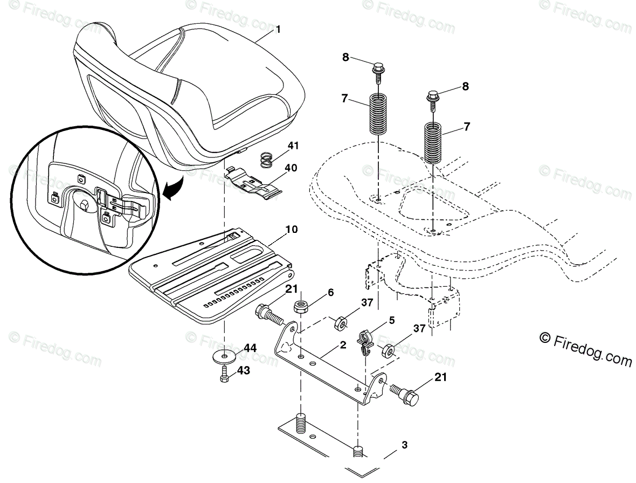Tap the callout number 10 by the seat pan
(292, 230)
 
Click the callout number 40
(291, 168)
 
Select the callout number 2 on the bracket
(343, 346)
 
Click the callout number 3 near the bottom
(404, 445)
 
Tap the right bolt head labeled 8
(434, 97)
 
